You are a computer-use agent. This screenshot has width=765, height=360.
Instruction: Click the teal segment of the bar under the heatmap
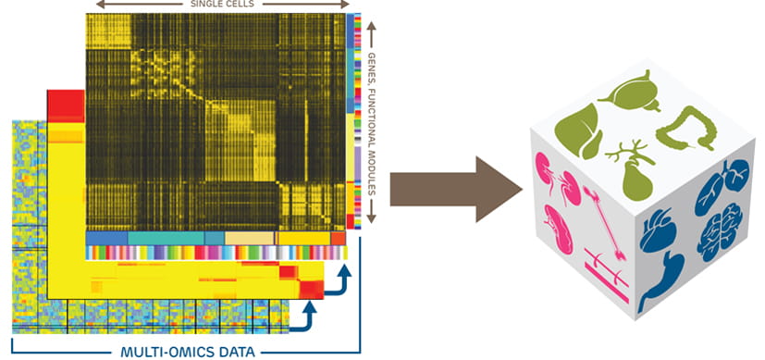pyautogui.click(x=166, y=239)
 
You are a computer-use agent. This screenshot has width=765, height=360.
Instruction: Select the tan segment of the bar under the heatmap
pyautogui.click(x=249, y=239)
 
